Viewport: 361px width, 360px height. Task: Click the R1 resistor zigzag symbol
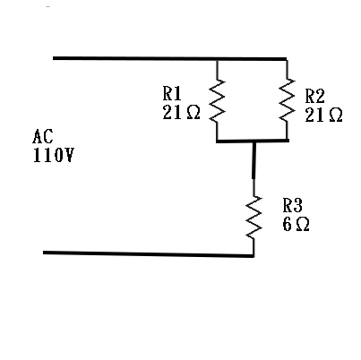(217, 100)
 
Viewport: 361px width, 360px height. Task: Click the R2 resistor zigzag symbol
(287, 99)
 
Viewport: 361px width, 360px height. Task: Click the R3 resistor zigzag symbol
(254, 218)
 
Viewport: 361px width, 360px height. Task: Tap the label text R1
(172, 93)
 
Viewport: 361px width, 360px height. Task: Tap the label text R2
(314, 96)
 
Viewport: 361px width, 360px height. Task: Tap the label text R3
(293, 205)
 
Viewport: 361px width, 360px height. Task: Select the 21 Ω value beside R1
(181, 113)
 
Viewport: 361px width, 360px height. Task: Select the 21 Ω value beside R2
(323, 115)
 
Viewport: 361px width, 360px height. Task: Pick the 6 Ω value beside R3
(296, 224)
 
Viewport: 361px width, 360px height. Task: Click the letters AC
(43, 136)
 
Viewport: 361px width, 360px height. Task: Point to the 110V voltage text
(53, 155)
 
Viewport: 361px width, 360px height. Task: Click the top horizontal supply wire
(170, 59)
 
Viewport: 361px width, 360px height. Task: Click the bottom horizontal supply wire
(149, 254)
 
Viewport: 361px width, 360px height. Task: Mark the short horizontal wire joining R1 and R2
(253, 141)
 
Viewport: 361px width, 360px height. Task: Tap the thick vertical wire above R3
(254, 160)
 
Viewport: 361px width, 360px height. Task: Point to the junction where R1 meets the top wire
(217, 60)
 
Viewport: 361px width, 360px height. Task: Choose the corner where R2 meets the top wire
(287, 59)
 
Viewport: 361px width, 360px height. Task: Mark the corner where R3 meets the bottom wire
(254, 255)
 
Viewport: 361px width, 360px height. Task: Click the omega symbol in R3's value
(303, 225)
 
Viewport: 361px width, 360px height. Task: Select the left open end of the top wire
(54, 58)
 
